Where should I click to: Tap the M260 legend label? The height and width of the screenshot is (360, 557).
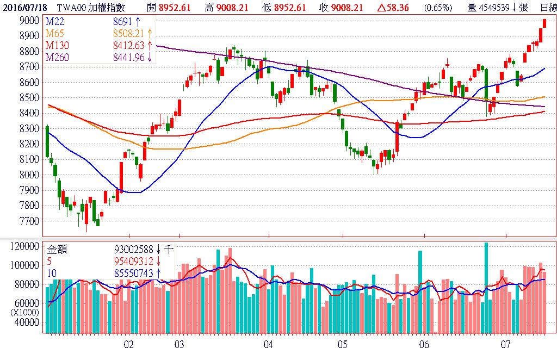tap(57, 57)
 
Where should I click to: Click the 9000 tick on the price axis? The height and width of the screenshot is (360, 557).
tap(29, 20)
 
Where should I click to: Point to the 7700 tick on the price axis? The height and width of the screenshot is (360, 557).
tap(29, 221)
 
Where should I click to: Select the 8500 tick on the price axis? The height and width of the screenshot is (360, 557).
tap(29, 97)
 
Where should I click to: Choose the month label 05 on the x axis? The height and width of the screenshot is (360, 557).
tap(342, 344)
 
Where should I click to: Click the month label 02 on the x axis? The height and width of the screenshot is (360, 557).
tap(128, 344)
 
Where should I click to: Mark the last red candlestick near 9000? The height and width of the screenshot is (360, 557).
tap(543, 23)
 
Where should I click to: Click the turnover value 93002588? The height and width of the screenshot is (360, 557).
tap(134, 250)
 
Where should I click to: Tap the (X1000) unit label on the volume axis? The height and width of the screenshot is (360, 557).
tap(26, 313)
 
